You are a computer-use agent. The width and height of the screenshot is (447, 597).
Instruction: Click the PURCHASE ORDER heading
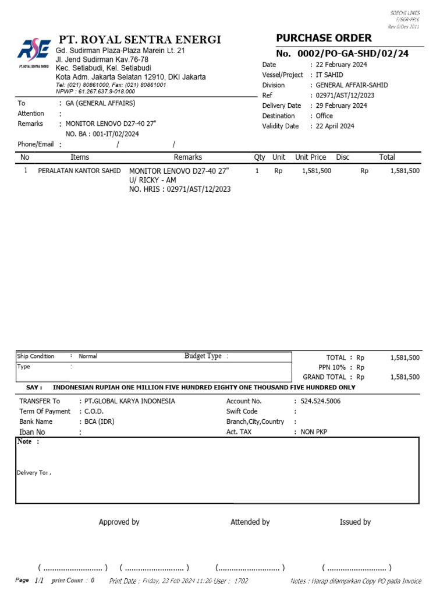(324, 38)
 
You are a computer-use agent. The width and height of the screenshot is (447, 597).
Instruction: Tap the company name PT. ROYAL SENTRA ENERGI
(140, 40)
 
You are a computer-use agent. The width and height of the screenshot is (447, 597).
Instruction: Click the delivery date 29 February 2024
(341, 106)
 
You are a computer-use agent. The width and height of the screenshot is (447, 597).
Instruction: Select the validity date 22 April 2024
(335, 126)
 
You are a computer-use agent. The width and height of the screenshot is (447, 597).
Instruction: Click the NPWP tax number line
(95, 92)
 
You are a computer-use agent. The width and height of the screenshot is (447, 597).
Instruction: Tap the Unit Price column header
(310, 157)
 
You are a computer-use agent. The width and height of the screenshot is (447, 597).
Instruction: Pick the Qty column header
(259, 157)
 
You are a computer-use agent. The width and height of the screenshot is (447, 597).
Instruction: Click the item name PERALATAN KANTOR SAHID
(79, 171)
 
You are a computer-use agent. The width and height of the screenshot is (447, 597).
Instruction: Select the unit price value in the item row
(317, 171)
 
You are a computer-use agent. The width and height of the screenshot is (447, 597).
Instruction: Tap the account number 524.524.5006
(320, 401)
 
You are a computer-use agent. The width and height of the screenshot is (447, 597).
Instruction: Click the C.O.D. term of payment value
(91, 412)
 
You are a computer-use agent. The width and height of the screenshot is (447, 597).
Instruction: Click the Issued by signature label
(355, 522)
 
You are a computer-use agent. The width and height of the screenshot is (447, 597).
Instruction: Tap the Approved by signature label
(119, 522)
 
